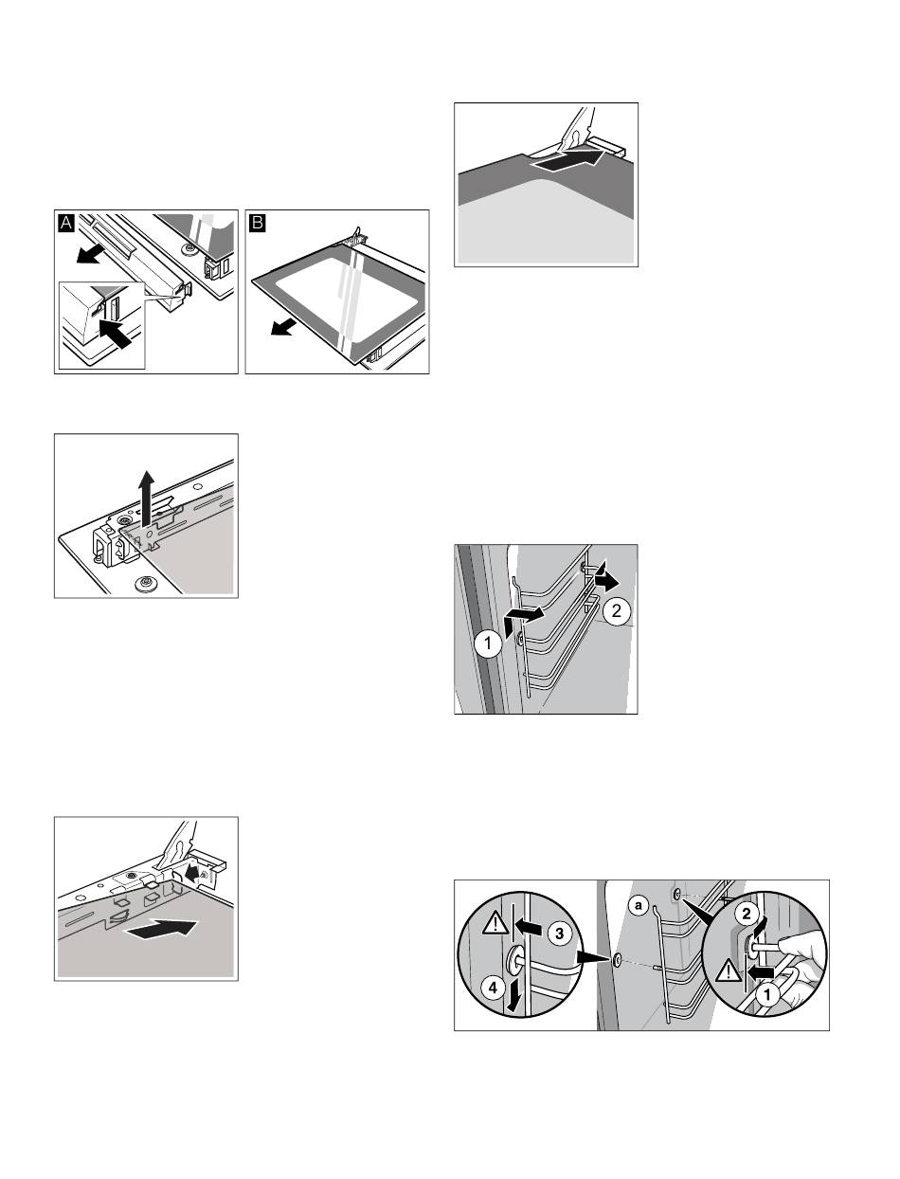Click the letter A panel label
click(65, 223)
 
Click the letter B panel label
click(258, 223)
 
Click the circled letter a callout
click(638, 906)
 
